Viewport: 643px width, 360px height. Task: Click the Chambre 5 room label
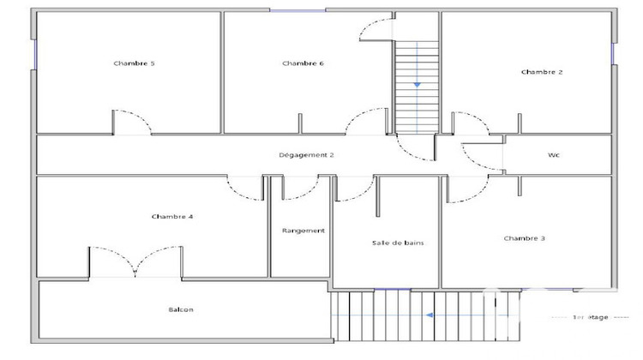coord(128,63)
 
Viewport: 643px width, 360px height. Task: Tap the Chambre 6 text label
coord(303,63)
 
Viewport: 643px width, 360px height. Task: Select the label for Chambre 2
coord(542,72)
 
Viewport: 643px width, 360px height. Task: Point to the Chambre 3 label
coord(524,238)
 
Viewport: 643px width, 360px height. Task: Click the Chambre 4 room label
coord(172,217)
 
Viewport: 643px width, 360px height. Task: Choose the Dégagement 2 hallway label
coord(306,155)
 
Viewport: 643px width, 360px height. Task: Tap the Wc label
coord(554,155)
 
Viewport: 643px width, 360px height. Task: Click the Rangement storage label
coord(303,231)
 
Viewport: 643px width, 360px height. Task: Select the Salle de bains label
coord(398,243)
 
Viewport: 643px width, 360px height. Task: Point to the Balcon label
coord(181,309)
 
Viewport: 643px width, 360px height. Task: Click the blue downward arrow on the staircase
coord(417,84)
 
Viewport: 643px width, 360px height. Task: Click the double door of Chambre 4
coord(135,261)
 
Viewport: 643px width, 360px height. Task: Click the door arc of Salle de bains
coord(353,189)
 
